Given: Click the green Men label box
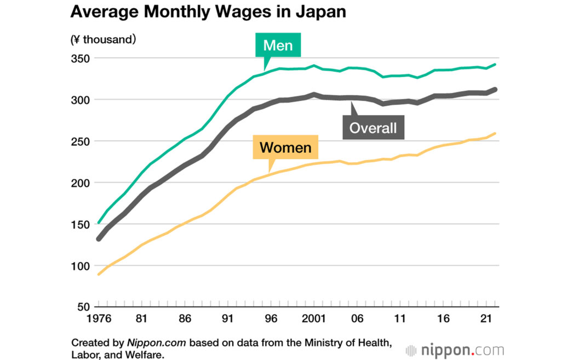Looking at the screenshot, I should coord(278,45).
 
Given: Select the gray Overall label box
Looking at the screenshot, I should coord(373,128).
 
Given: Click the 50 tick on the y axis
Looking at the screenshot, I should coord(82,307).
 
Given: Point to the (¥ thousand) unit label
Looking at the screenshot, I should coord(104,39).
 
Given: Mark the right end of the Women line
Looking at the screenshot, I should coord(495,133).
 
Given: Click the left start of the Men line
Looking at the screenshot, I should coord(99,222).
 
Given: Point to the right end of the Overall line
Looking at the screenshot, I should coord(495,89).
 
